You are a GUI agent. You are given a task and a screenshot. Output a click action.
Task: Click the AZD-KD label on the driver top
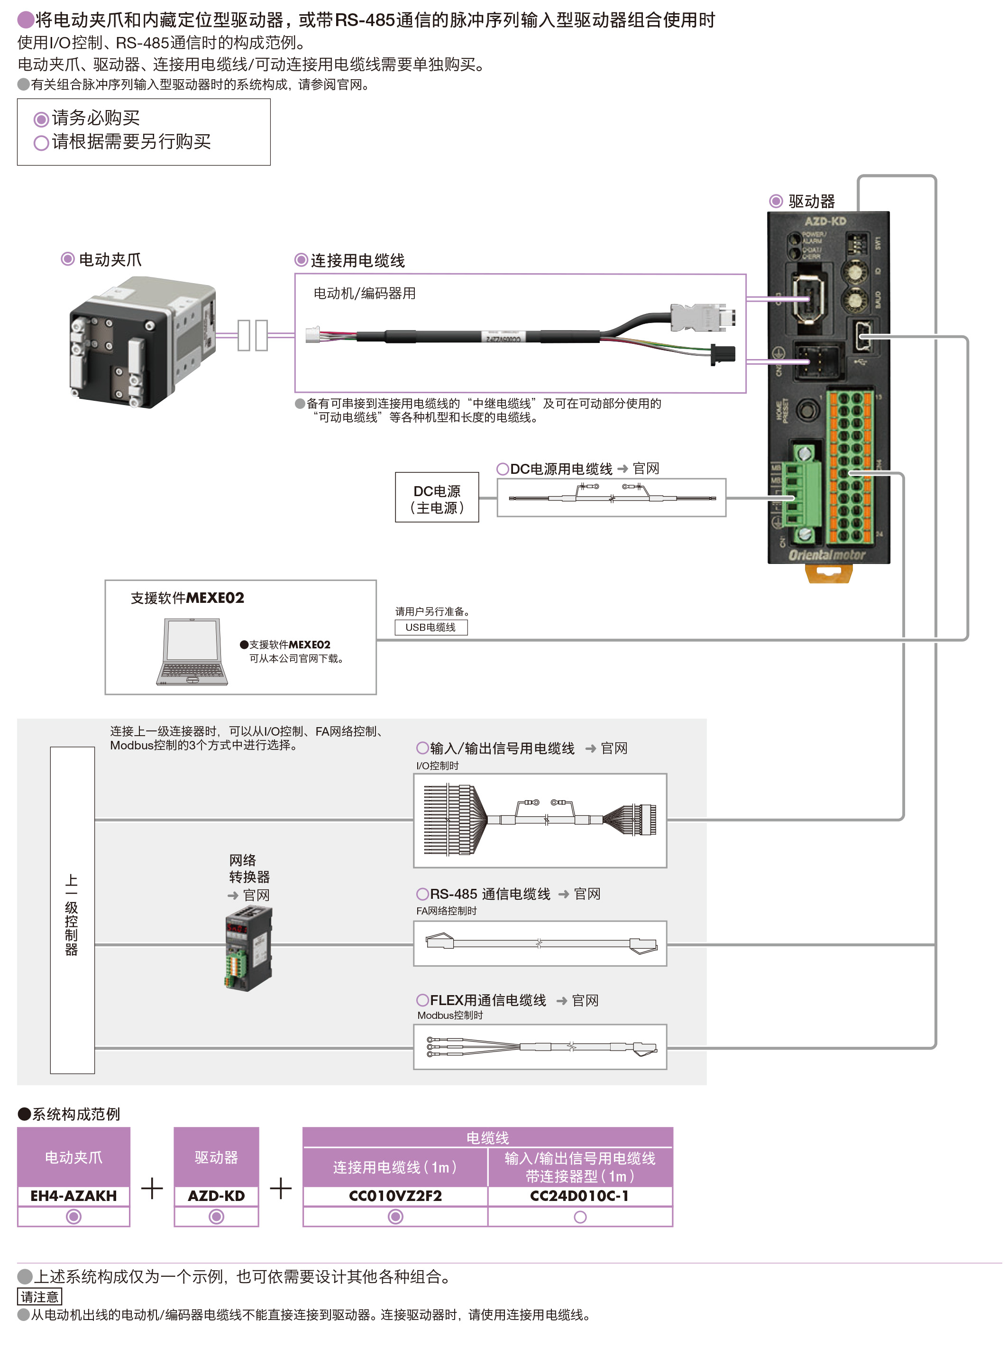825,221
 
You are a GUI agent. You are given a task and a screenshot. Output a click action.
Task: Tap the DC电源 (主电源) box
436,499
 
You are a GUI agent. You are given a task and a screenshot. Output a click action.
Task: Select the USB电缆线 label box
430,627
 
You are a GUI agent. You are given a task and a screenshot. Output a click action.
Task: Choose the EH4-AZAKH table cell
73,1196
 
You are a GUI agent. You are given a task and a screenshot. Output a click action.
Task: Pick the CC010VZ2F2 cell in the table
395,1196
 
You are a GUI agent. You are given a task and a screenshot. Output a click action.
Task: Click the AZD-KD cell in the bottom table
216,1196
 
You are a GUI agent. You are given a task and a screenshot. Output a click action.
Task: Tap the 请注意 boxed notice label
40,1296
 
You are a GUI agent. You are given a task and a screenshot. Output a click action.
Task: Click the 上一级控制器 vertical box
72,909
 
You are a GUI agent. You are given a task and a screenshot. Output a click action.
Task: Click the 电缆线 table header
487,1137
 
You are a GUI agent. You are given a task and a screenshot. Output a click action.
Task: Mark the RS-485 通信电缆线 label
490,894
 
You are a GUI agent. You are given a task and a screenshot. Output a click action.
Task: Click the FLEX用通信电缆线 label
487,1000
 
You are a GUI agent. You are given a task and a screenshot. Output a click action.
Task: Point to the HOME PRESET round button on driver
808,408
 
